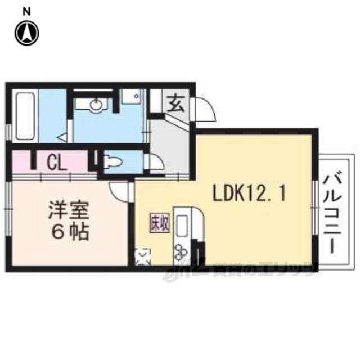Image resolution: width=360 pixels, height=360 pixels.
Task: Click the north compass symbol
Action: (x=26, y=33)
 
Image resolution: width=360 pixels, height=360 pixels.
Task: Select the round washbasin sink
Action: (x=96, y=105)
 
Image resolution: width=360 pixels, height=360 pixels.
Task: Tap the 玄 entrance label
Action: (x=176, y=103)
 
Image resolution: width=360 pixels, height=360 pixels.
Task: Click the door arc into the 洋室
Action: (x=119, y=190)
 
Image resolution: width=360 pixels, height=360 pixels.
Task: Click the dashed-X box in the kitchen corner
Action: (x=143, y=258)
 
